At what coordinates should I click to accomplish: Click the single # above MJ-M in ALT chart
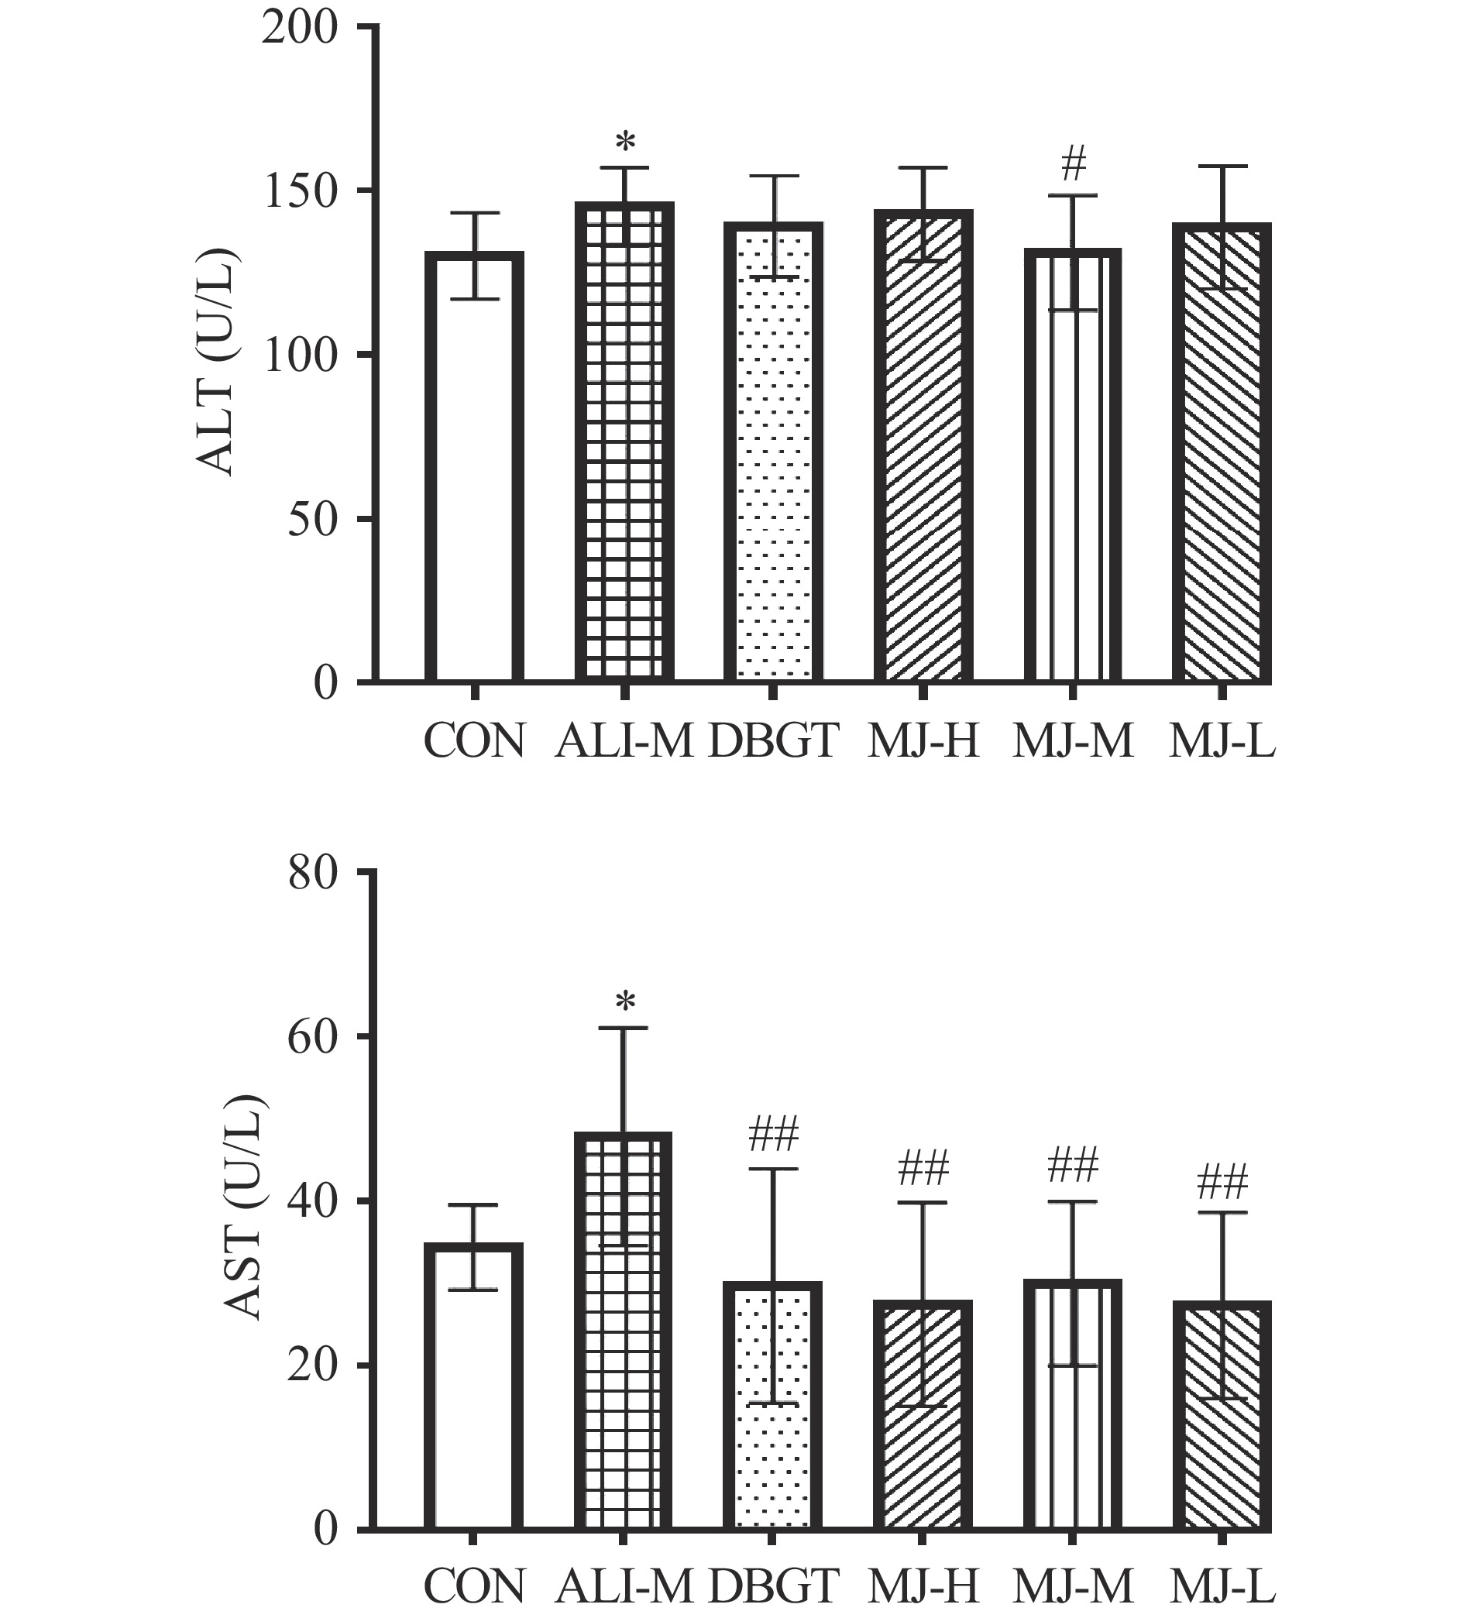pyautogui.click(x=1072, y=165)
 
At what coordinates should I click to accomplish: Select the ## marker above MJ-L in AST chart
pyautogui.click(x=1222, y=1183)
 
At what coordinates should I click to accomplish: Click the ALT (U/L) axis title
pyautogui.click(x=215, y=362)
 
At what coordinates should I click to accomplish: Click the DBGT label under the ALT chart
pyautogui.click(x=773, y=740)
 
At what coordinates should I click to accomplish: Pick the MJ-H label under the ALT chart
pyautogui.click(x=923, y=740)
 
